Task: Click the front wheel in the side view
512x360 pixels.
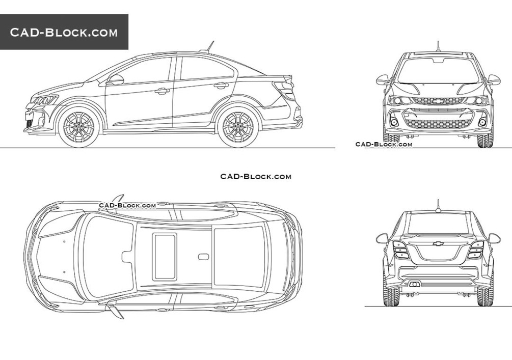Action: (x=79, y=126)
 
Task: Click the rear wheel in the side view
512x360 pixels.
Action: (x=238, y=126)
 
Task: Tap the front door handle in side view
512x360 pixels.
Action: (x=162, y=91)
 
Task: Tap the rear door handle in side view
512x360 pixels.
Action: (x=222, y=86)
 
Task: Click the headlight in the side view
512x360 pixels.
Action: (x=44, y=100)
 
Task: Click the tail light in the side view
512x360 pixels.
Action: (x=285, y=91)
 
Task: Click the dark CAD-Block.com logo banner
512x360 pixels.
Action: (x=64, y=32)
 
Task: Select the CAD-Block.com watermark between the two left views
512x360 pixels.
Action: (x=256, y=177)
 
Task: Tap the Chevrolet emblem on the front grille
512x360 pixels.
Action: (x=438, y=101)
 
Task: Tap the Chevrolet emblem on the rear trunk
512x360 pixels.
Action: (x=438, y=243)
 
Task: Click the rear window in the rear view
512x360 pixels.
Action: (x=438, y=224)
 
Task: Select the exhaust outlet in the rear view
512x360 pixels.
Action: (x=414, y=284)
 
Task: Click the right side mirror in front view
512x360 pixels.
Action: (x=494, y=80)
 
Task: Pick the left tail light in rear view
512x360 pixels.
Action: (x=400, y=250)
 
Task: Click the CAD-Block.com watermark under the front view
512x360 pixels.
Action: (x=384, y=144)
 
